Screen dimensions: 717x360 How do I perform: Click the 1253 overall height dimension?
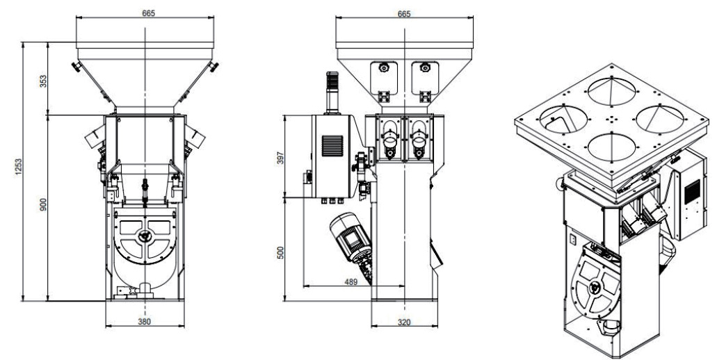[18, 168]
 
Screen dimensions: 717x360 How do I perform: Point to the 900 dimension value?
[43, 204]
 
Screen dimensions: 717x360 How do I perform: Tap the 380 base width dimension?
[145, 321]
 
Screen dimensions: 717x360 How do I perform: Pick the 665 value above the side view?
[404, 14]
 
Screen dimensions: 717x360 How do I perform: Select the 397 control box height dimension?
[280, 158]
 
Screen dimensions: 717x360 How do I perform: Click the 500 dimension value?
[280, 253]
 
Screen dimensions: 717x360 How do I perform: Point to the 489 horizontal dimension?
[351, 282]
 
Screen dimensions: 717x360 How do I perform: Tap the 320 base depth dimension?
[404, 322]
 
